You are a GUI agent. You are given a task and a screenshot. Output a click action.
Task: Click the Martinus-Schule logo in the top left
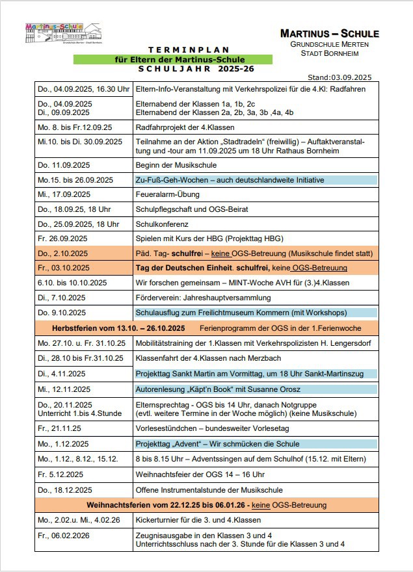coord(54,32)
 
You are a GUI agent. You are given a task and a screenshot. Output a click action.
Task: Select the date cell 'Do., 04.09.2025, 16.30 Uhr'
coord(83,89)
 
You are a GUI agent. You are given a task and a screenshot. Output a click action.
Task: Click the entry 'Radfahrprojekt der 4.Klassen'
coord(185,127)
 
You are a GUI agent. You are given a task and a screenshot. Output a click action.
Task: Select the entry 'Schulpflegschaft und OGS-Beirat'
coord(192,209)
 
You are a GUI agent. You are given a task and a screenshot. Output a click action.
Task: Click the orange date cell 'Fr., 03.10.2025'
coord(65,268)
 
